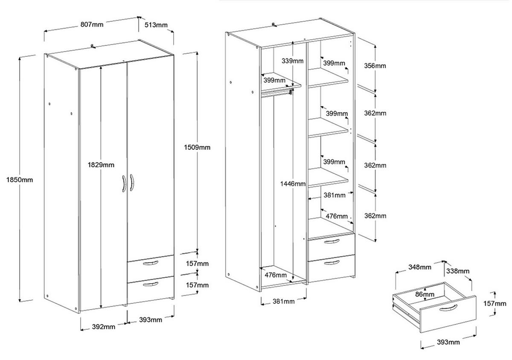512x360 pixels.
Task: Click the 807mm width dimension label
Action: (92, 25)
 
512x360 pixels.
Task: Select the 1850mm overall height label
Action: (20, 180)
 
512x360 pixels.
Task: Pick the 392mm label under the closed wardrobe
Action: (104, 327)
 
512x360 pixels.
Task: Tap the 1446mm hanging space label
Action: (293, 184)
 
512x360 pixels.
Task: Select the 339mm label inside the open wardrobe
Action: (293, 61)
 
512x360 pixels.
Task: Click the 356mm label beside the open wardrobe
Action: (375, 66)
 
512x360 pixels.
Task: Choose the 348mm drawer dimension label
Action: (419, 267)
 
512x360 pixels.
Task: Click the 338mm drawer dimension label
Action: (458, 271)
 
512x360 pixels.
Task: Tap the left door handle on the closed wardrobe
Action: (123, 184)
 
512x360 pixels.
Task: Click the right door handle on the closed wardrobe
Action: (132, 184)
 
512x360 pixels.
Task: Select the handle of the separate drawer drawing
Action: (448, 308)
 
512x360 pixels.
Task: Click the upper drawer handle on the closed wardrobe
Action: (150, 264)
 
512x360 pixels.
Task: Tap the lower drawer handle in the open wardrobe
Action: (332, 262)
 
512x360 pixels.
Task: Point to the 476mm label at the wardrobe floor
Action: (275, 275)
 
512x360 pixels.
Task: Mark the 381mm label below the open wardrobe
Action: (283, 302)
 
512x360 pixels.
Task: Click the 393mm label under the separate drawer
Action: (448, 342)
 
